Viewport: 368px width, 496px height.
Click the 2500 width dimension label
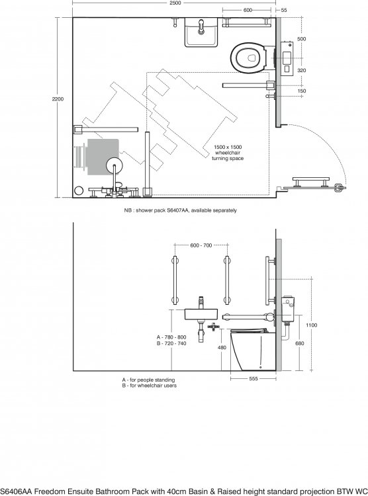(175, 3)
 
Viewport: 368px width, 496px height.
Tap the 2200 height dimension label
(58, 99)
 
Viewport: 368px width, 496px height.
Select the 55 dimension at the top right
(284, 10)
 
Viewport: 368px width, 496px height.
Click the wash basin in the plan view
(201, 32)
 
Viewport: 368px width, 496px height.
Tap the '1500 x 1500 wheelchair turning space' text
(228, 153)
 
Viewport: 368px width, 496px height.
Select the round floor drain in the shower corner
(79, 190)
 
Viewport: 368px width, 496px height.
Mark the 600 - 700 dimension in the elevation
(201, 245)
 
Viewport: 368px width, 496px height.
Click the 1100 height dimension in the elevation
(312, 325)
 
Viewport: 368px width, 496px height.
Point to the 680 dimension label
(299, 343)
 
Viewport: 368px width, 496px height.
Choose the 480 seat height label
(222, 347)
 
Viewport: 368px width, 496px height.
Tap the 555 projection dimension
(253, 378)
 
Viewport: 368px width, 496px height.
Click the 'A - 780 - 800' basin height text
(171, 337)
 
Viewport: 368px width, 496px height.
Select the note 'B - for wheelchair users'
(150, 386)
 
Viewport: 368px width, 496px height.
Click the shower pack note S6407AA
(180, 210)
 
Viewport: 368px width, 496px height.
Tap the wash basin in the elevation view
(201, 314)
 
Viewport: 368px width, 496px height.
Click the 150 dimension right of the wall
(302, 91)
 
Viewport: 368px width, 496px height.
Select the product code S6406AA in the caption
(16, 491)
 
